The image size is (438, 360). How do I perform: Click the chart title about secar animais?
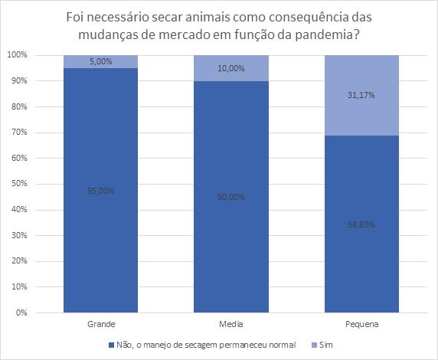click(219, 25)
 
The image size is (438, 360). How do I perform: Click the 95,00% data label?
click(102, 191)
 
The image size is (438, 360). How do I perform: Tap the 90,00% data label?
click(230, 197)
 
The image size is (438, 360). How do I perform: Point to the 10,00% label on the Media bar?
click(230, 69)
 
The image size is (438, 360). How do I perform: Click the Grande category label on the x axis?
click(102, 324)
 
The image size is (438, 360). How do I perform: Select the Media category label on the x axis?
click(230, 324)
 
